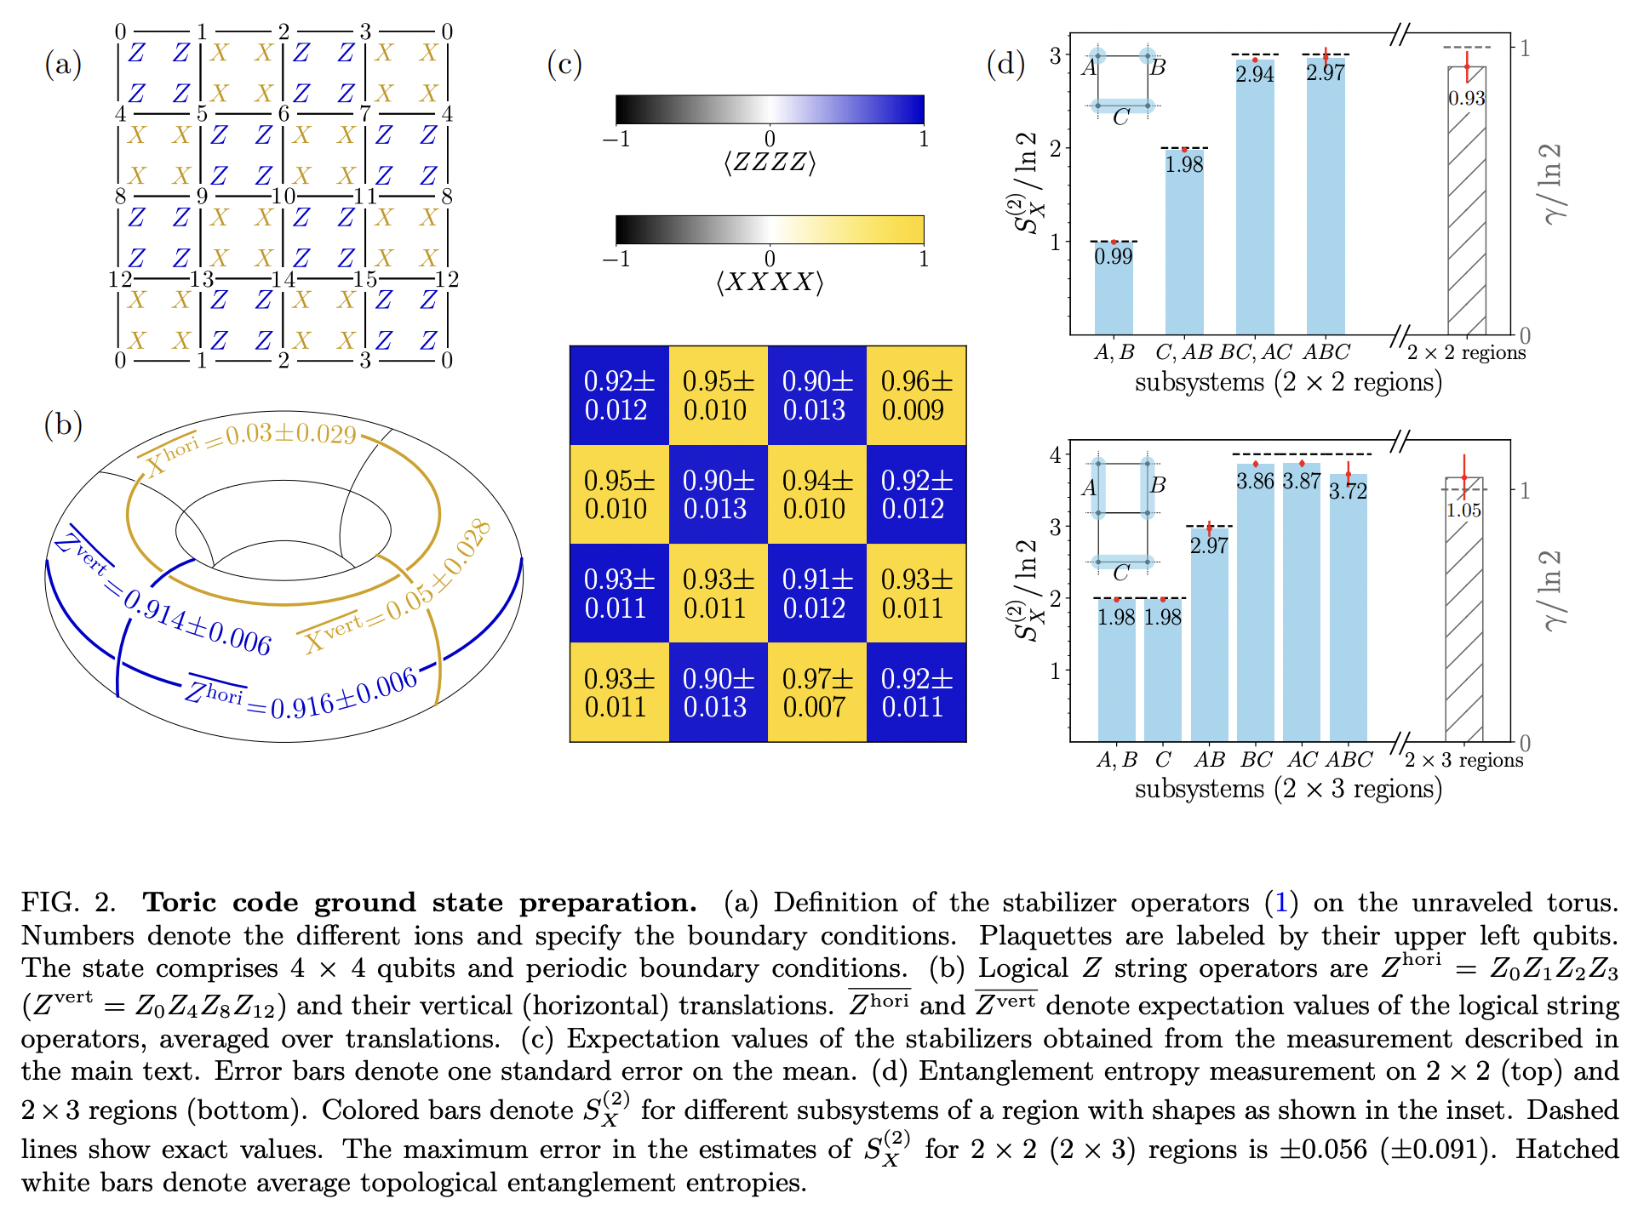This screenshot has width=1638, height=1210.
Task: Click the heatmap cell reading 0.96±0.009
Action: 916,396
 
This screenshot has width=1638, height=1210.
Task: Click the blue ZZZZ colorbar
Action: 770,110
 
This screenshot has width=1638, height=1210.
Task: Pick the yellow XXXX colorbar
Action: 770,230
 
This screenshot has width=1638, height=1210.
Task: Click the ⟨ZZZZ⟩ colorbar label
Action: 770,162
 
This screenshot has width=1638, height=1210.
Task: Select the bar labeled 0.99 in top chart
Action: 1114,289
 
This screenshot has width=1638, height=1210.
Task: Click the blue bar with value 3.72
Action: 1348,613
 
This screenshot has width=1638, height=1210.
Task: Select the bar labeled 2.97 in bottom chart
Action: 1209,638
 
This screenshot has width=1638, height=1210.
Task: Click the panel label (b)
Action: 63,425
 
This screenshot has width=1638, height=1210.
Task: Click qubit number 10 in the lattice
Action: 283,197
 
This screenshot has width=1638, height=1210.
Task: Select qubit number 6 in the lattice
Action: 283,114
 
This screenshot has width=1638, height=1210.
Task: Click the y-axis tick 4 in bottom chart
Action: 1056,454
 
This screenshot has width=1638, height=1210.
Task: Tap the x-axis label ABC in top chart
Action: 1326,351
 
